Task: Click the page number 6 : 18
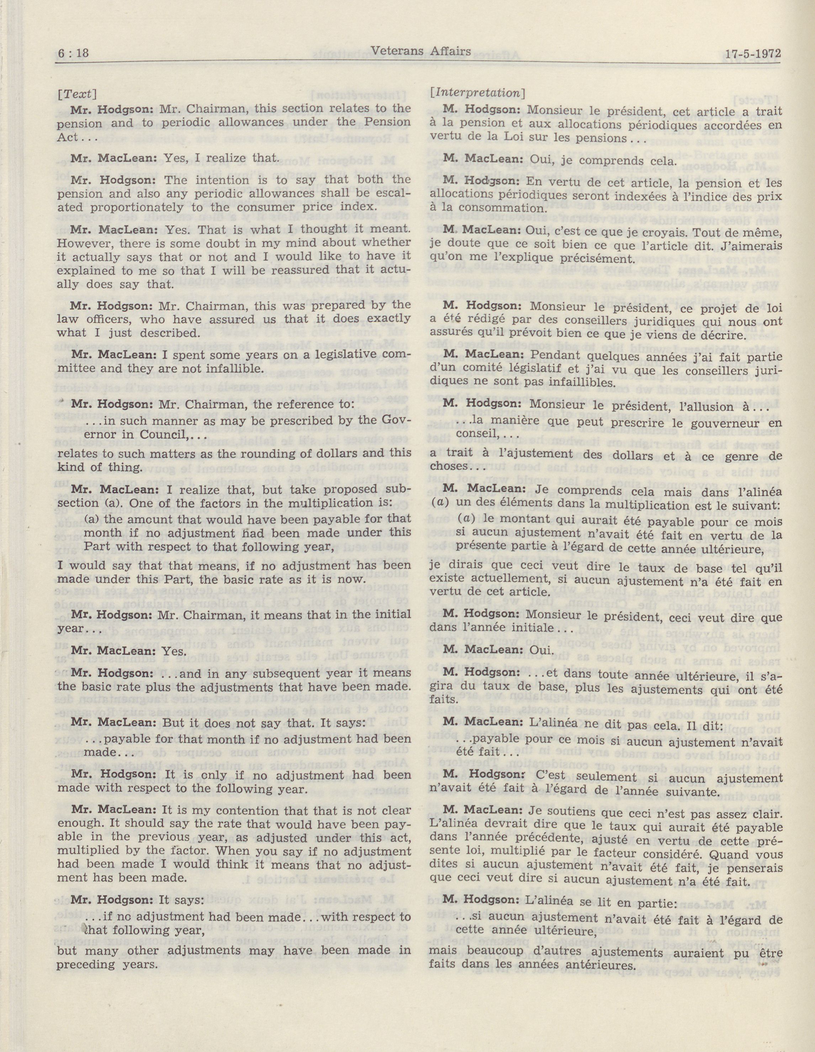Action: click(74, 53)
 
